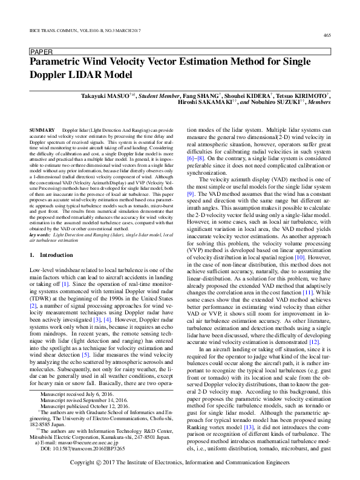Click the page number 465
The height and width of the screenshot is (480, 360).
(327, 36)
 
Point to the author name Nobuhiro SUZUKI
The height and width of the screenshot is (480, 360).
(269, 103)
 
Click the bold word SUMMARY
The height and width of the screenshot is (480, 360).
(41, 131)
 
